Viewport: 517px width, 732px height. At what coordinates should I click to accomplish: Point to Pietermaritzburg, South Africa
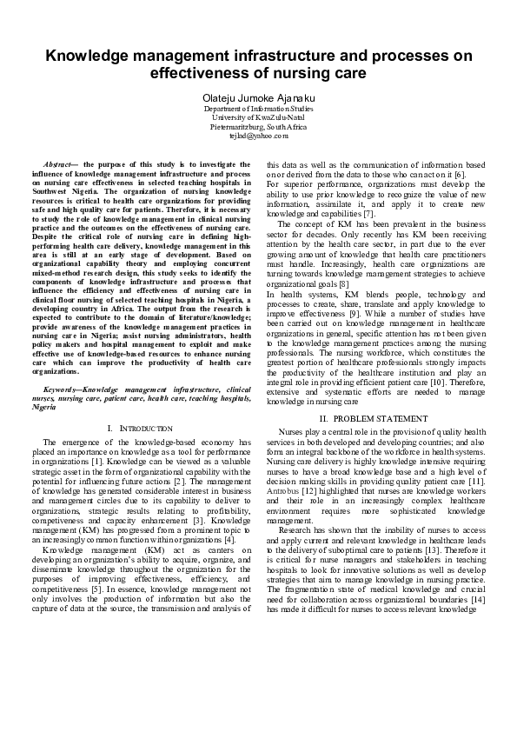coord(259,126)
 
